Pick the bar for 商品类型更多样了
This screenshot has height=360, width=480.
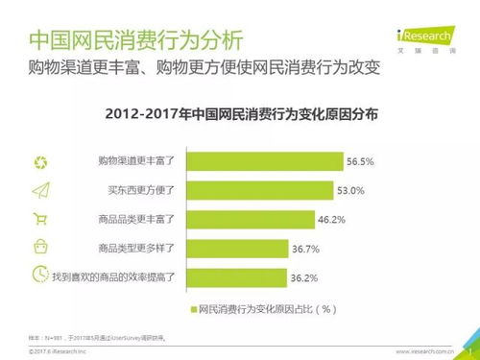pyautogui.click(x=232, y=249)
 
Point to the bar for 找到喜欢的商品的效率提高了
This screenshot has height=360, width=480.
pyautogui.click(x=231, y=277)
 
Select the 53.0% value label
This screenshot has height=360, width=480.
pyautogui.click(x=352, y=191)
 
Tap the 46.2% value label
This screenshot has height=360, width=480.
pyautogui.click(x=331, y=220)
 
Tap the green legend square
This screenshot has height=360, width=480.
pyautogui.click(x=191, y=309)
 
